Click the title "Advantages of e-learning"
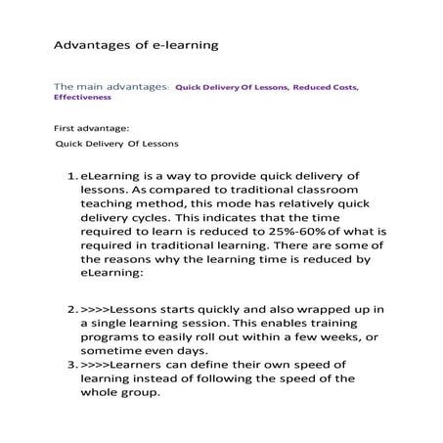point(134,45)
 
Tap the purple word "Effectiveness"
point(82,98)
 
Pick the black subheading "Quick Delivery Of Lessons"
point(116,144)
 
